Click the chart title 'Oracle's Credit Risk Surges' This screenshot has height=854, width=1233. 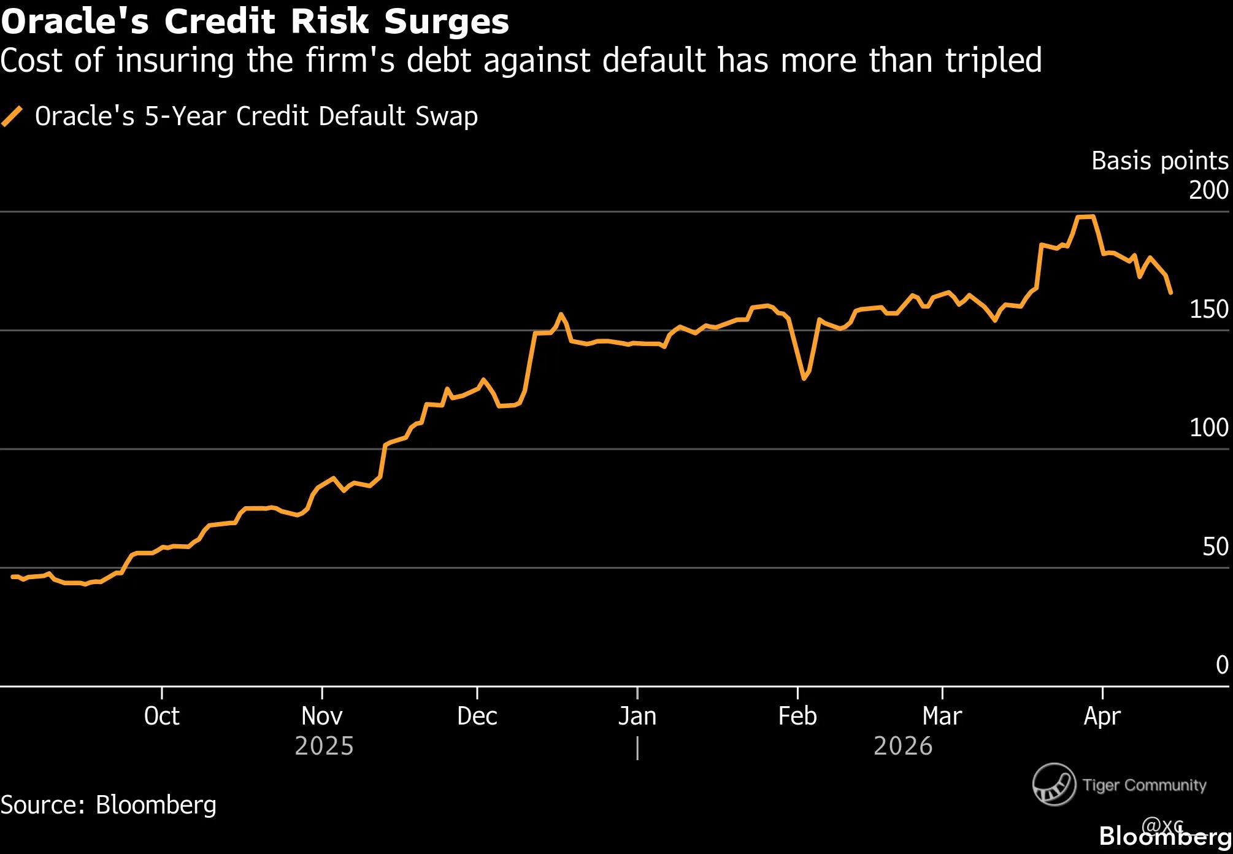click(255, 22)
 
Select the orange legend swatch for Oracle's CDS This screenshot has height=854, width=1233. click(12, 116)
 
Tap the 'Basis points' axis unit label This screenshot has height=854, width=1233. click(1159, 161)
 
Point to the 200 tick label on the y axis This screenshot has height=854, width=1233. click(1208, 190)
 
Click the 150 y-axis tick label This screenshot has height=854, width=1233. click(1208, 310)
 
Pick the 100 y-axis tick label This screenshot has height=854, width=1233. click(1208, 428)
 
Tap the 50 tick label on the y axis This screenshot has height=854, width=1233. click(1215, 547)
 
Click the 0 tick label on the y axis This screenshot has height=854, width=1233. click(1222, 665)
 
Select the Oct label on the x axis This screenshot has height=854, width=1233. click(161, 716)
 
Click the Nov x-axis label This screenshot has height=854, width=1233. click(322, 716)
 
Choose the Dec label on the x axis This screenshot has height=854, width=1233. click(477, 716)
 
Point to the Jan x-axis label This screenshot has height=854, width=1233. click(637, 716)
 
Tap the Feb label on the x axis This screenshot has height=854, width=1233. click(797, 716)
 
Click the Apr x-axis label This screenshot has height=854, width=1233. click(1102, 716)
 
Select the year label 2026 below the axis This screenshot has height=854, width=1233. click(903, 747)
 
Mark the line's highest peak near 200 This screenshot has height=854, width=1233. click(1086, 217)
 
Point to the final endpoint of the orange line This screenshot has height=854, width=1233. click(1171, 293)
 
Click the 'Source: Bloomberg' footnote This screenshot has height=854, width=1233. click(109, 805)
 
